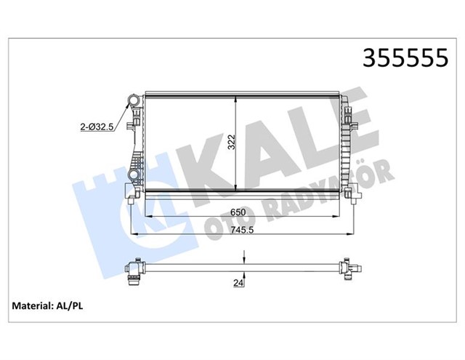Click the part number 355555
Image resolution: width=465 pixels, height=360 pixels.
(405, 58)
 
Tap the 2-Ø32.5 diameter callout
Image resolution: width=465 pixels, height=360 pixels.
(97, 127)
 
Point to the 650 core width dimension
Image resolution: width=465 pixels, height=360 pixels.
(238, 212)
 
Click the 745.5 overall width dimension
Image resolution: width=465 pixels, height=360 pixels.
(243, 230)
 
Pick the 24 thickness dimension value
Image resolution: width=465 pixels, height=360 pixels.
(238, 283)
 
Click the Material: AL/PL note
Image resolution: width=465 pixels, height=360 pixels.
(47, 306)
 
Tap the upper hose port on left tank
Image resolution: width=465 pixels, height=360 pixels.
(133, 100)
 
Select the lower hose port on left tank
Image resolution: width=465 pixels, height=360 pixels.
(134, 175)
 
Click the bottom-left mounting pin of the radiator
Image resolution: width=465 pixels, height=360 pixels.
(131, 201)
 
